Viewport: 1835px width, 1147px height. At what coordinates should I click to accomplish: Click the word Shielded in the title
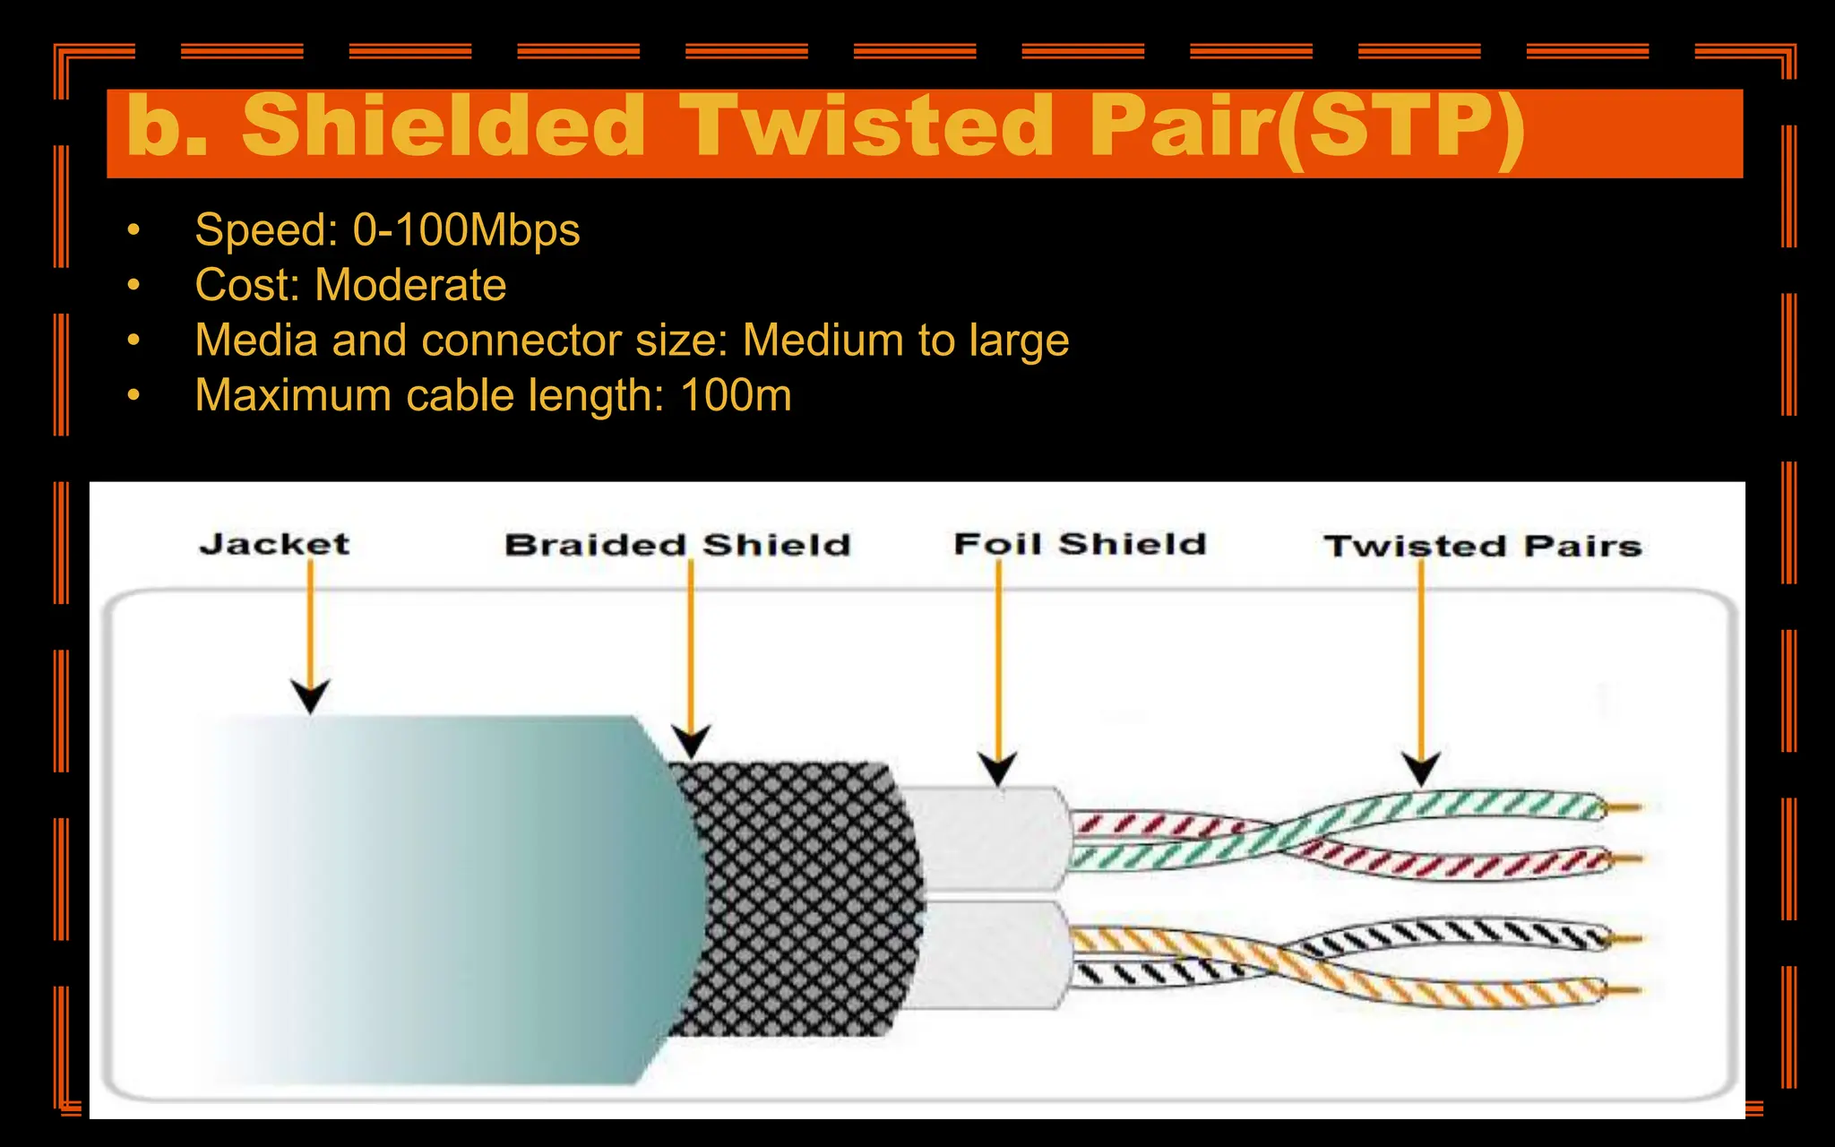[x=444, y=126]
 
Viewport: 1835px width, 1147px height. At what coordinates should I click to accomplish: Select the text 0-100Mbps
[x=466, y=229]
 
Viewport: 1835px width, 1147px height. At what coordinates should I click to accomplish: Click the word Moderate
[x=410, y=285]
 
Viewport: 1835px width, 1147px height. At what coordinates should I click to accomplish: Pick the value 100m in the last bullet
[x=736, y=395]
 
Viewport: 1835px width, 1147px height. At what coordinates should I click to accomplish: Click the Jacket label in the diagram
[x=274, y=544]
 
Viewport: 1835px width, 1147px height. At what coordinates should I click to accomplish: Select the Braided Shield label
[x=677, y=545]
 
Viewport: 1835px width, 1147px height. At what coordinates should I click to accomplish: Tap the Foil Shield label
[x=1080, y=544]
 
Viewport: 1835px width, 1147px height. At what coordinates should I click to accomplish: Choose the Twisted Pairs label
[x=1483, y=546]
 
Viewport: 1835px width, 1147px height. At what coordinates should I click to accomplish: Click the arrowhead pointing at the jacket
[x=311, y=696]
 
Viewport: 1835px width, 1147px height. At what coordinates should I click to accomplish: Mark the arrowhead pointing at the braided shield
[x=691, y=741]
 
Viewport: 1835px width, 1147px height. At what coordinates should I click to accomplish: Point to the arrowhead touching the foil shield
[x=997, y=770]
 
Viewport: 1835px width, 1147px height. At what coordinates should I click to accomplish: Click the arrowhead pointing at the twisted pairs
[x=1421, y=769]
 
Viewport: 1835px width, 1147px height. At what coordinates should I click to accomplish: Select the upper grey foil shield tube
[x=986, y=838]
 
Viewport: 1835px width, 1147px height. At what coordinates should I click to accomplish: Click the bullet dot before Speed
[x=134, y=230]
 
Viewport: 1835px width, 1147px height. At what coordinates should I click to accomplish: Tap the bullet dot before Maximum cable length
[x=134, y=395]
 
